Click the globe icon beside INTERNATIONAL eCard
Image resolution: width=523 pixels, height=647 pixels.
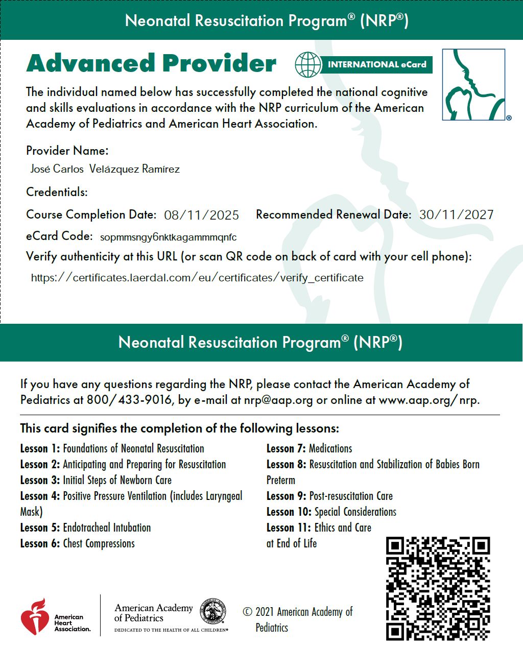(x=308, y=64)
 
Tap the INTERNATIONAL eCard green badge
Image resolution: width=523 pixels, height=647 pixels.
(x=376, y=65)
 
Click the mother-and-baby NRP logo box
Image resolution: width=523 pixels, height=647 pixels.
(x=473, y=85)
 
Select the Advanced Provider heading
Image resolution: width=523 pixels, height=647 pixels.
(x=151, y=63)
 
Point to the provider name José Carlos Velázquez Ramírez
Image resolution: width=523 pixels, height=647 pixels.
(x=105, y=169)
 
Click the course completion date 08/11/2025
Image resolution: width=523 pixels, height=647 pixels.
(x=201, y=215)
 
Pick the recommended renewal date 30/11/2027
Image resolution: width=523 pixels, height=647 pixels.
(x=456, y=215)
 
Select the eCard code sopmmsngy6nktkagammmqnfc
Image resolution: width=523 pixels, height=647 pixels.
(x=168, y=237)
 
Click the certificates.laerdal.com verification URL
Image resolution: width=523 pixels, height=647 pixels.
(x=197, y=278)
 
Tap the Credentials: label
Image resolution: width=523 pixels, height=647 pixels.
(x=57, y=192)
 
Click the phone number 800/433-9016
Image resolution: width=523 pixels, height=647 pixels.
(x=129, y=399)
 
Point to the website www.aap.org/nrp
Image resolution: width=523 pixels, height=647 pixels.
(x=429, y=399)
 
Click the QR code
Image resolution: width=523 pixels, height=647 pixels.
(x=438, y=588)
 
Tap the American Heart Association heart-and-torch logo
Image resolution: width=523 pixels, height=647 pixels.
(x=35, y=616)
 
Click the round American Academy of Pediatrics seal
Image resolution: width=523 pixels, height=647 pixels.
(x=212, y=611)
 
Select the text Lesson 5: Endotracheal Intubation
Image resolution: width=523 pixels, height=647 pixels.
(x=85, y=528)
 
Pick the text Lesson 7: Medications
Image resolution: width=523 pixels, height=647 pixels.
(x=309, y=448)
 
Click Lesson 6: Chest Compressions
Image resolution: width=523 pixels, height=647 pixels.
(x=77, y=543)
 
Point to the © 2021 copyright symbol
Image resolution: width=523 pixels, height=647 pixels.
(x=248, y=612)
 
